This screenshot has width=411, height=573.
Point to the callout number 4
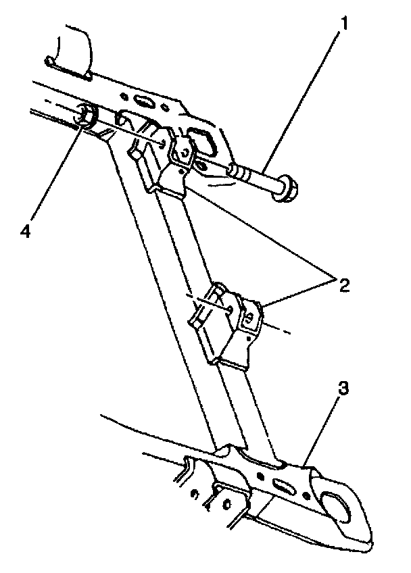pos(25,232)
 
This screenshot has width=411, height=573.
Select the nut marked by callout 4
pos(85,116)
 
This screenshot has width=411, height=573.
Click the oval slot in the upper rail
pos(143,101)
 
